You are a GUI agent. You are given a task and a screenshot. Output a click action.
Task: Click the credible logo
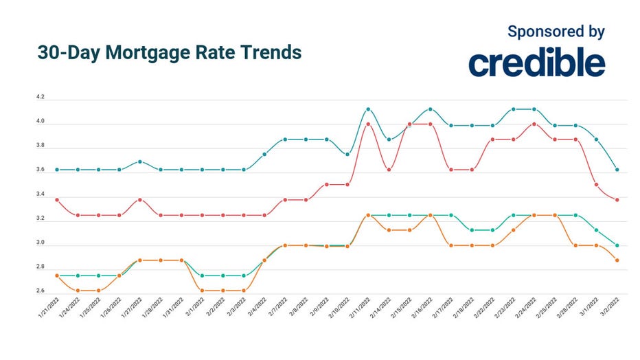pyautogui.click(x=536, y=63)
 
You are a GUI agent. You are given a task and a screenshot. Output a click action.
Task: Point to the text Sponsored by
pyautogui.click(x=556, y=31)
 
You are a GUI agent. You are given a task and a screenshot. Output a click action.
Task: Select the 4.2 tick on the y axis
pyautogui.click(x=41, y=98)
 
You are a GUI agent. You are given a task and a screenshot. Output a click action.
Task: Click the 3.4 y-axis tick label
pyautogui.click(x=41, y=194)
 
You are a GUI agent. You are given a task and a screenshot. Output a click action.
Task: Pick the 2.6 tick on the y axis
pyautogui.click(x=41, y=291)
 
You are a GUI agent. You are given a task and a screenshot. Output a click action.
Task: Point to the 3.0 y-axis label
pyautogui.click(x=41, y=243)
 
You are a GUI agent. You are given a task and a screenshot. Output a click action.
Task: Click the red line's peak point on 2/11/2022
pyautogui.click(x=368, y=124)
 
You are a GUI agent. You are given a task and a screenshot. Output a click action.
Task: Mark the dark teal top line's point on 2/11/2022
pyautogui.click(x=368, y=109)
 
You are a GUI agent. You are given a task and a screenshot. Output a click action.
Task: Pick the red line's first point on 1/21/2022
pyautogui.click(x=56, y=200)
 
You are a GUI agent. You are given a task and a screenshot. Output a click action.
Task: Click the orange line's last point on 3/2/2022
pyautogui.click(x=617, y=260)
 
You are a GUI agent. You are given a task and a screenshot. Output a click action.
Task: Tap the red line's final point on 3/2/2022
pyautogui.click(x=617, y=200)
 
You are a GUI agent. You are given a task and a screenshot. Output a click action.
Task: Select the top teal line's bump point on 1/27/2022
pyautogui.click(x=140, y=161)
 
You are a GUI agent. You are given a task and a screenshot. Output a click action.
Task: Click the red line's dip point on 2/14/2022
pyautogui.click(x=389, y=170)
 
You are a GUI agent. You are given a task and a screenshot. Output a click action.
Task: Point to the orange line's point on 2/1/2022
pyautogui.click(x=202, y=291)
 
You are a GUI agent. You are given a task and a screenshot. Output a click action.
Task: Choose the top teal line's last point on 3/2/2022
pyautogui.click(x=617, y=170)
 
